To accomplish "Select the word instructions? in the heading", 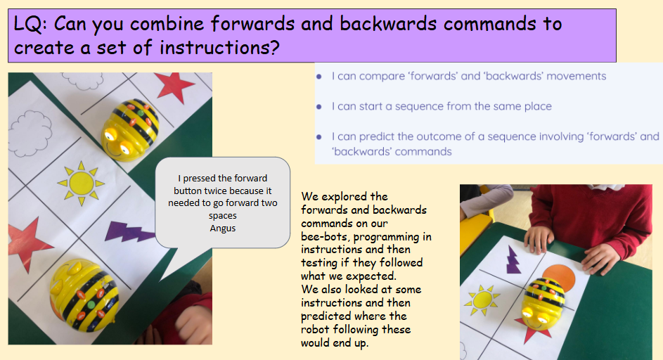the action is [219, 48].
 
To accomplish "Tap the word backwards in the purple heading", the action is [388, 24].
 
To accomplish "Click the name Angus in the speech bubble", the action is [223, 229].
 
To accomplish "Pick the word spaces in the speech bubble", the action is [223, 216].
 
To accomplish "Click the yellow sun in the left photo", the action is [81, 184].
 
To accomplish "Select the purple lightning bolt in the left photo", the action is [129, 231].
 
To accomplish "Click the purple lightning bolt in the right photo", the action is [513, 259].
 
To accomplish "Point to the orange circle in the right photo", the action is [559, 277].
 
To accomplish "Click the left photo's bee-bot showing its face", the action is [129, 129].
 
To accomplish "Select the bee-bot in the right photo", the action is [543, 303].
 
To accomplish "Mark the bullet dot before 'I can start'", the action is [319, 107].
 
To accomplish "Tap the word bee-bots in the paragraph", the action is [325, 237].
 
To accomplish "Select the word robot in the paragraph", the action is [316, 329].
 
